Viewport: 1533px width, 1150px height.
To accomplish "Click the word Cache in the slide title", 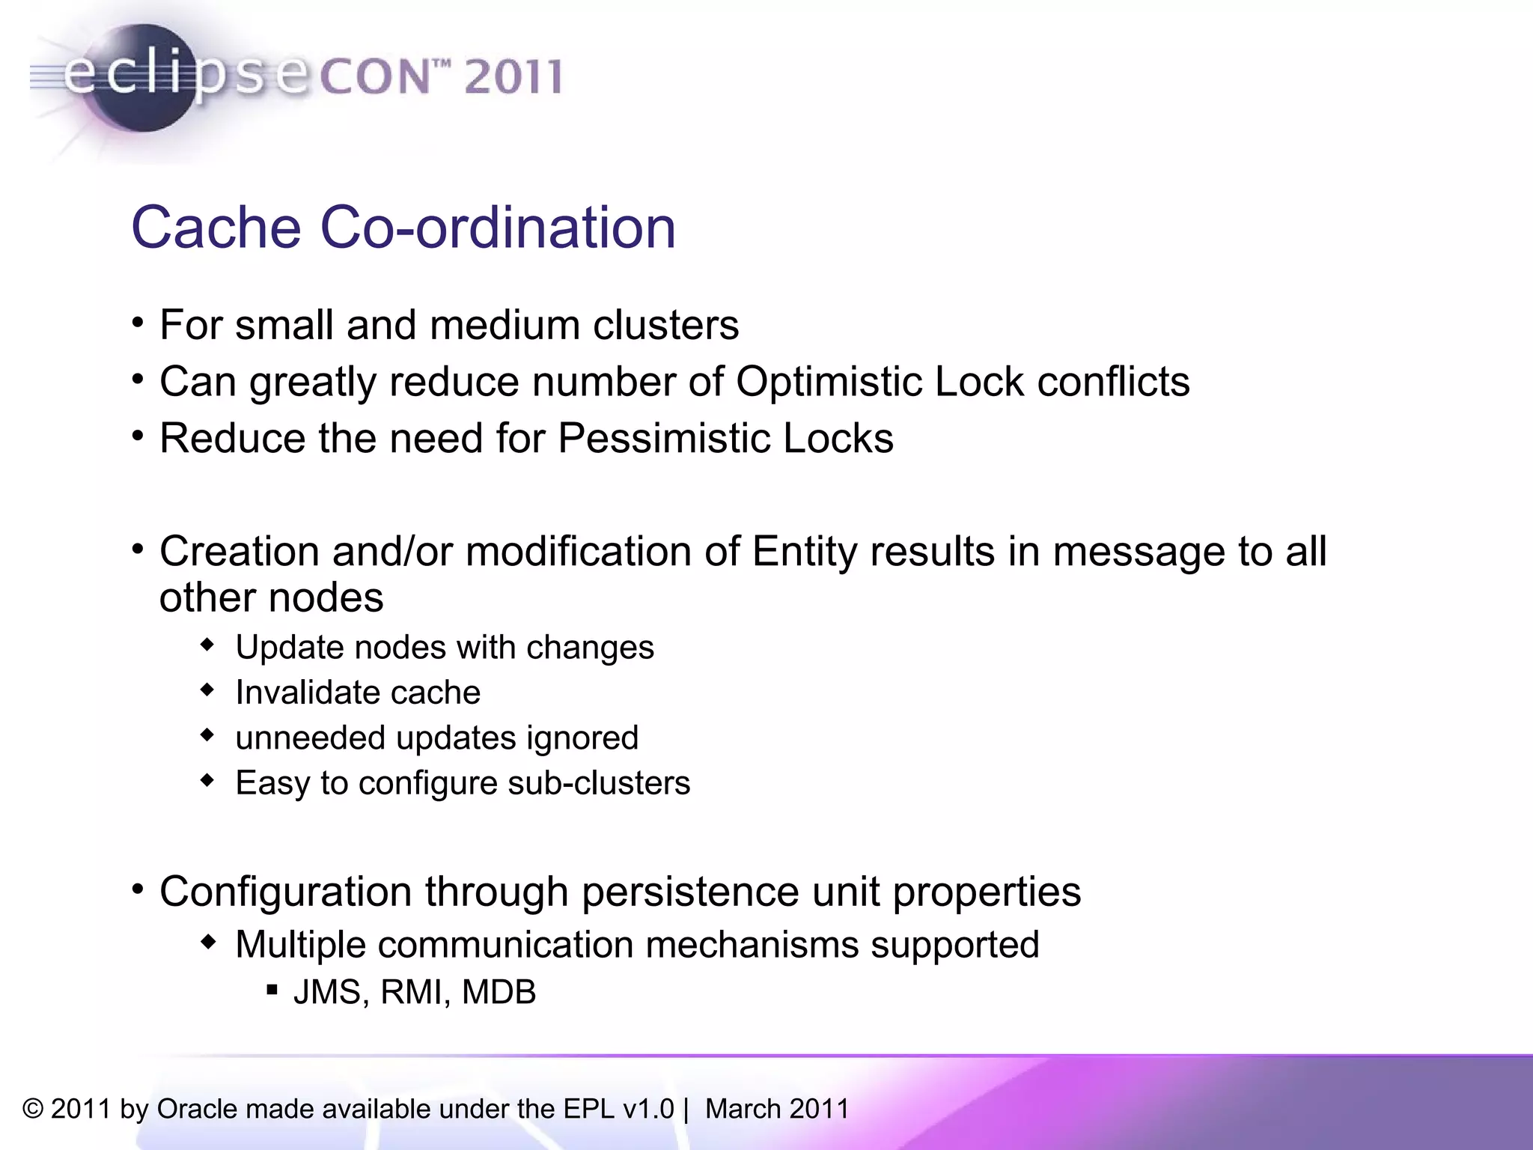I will (216, 228).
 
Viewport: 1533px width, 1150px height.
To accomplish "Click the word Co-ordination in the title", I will (498, 228).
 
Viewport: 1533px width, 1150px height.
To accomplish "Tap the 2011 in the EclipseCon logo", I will (513, 77).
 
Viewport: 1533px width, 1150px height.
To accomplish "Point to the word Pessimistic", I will (663, 439).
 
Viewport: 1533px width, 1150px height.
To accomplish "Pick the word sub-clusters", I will (599, 783).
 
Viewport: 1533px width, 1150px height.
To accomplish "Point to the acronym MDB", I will (499, 992).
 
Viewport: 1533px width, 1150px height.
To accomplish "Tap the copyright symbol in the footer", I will (33, 1109).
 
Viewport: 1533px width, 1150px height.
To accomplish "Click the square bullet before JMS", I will (272, 991).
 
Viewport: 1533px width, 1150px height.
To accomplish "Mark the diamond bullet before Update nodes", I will (208, 645).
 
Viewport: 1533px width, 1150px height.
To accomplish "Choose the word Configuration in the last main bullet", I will (285, 892).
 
